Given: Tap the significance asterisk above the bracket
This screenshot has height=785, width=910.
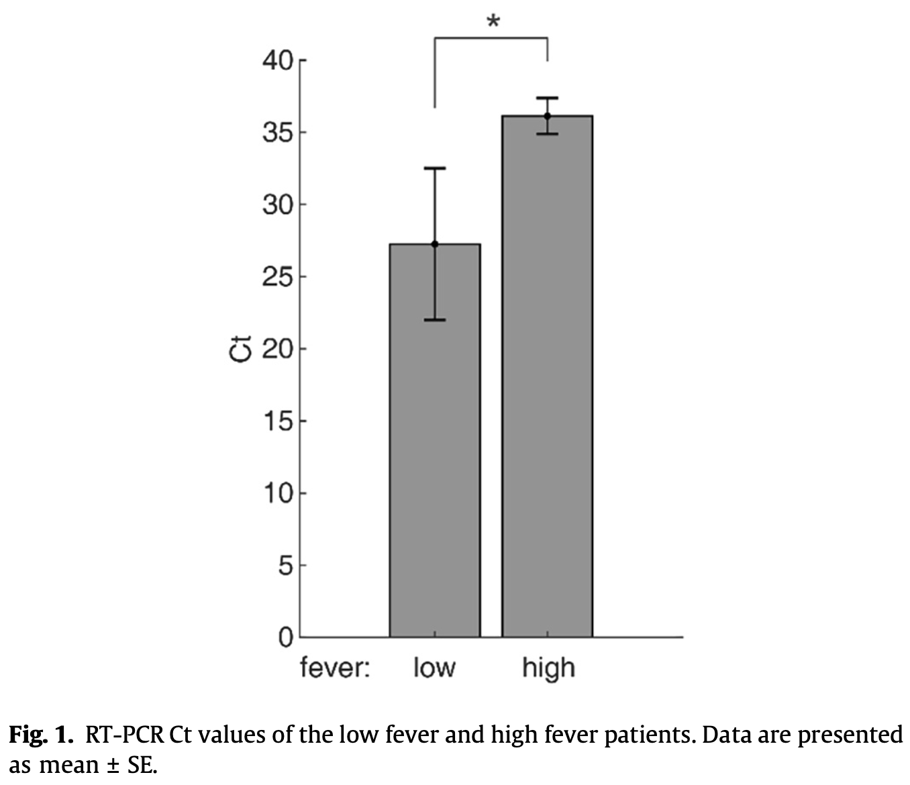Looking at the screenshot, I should click(493, 21).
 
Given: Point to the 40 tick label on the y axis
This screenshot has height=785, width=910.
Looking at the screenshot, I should click(278, 60).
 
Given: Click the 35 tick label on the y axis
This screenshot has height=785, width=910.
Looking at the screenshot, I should click(278, 132).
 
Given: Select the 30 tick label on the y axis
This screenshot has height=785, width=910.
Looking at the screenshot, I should click(278, 205).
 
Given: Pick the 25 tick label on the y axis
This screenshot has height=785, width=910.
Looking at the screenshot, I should click(278, 276).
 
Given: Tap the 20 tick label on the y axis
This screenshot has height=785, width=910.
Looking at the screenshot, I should click(278, 349).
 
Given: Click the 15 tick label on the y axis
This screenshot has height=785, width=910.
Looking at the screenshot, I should click(278, 421).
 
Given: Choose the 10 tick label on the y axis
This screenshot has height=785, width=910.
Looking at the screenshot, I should click(278, 493).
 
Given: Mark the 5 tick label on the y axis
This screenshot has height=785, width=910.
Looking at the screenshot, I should click(286, 565).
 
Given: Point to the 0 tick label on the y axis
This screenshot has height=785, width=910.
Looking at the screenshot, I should click(286, 637).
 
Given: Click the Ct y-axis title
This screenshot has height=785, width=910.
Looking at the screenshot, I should click(240, 349).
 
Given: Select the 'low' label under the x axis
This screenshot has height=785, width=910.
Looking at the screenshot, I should click(434, 668).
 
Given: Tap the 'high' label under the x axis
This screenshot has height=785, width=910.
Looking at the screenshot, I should click(548, 669).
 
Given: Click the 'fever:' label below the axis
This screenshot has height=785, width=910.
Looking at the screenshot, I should click(335, 668).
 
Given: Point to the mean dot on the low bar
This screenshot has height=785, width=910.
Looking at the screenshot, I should click(435, 244).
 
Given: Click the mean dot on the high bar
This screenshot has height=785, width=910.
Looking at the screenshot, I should click(547, 116).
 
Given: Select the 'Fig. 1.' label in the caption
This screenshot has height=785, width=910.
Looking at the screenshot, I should click(40, 735).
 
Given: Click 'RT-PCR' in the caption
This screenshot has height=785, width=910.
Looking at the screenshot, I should click(125, 735).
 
